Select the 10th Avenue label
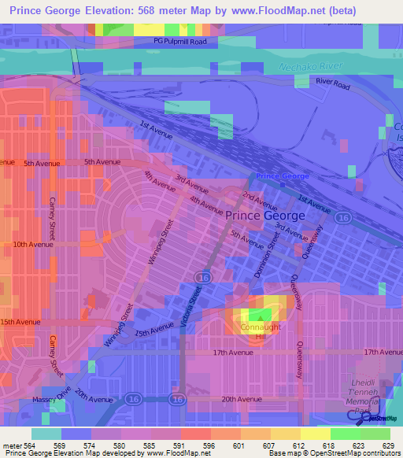tap(31, 244)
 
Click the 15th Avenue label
tap(20, 322)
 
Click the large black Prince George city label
tap(265, 215)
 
